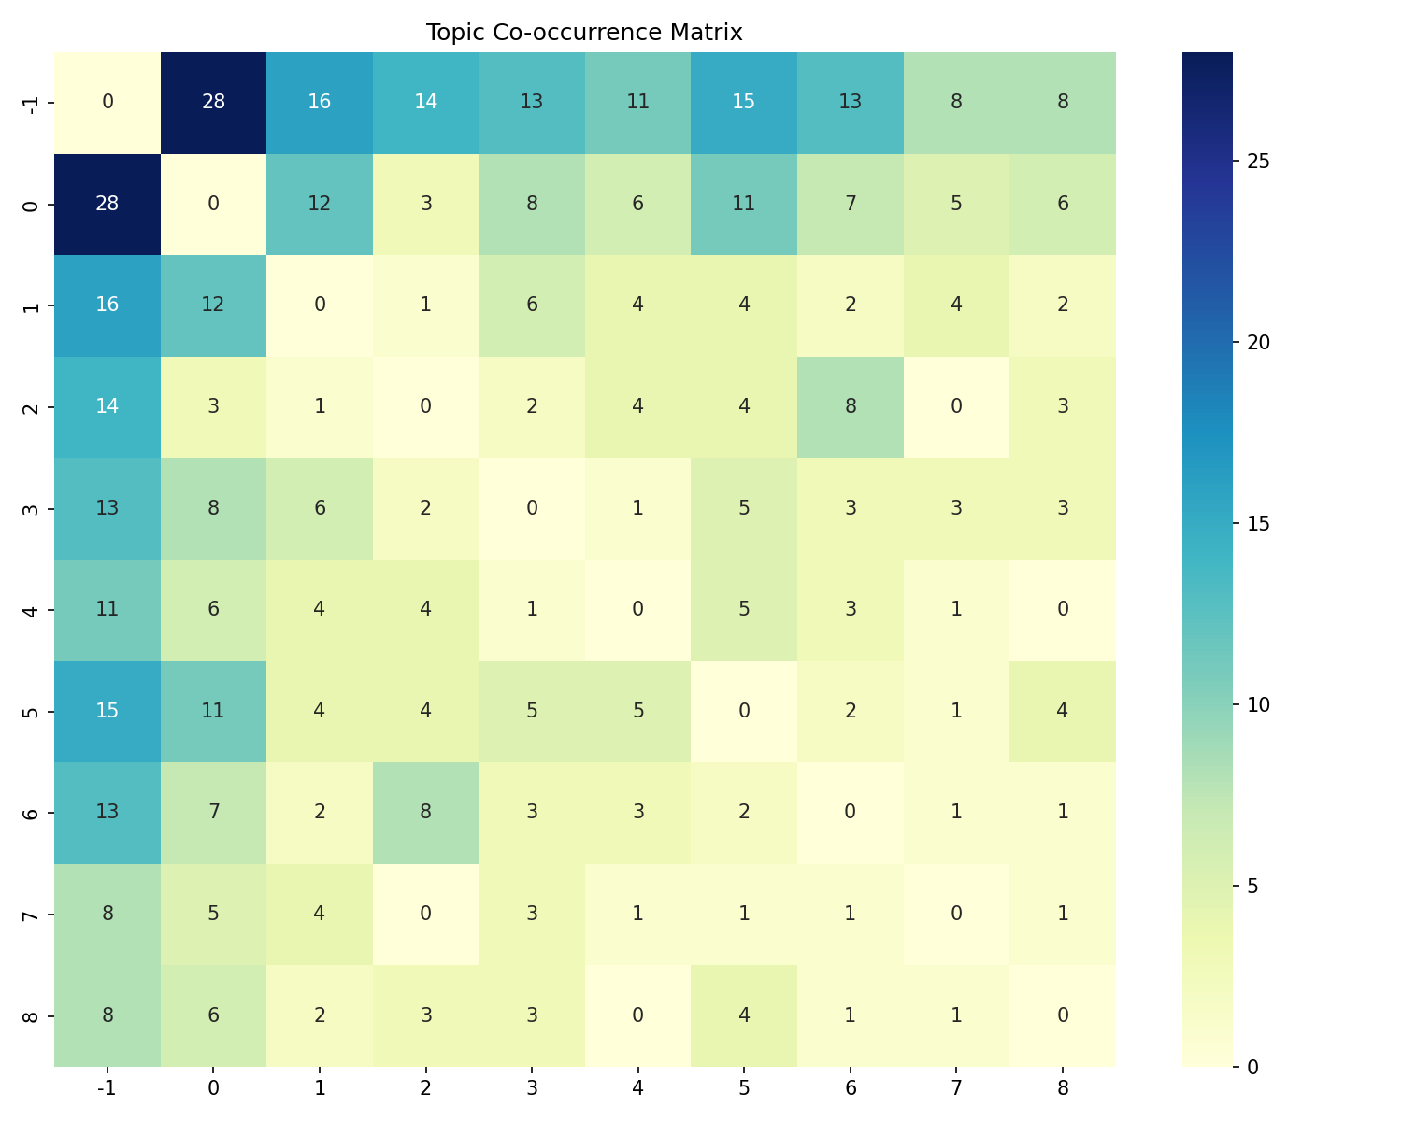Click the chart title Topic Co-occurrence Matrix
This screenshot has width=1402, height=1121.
584,33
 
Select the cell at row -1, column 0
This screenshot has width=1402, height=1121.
213,102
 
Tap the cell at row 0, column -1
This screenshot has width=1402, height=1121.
107,204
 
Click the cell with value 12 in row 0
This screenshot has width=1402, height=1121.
320,204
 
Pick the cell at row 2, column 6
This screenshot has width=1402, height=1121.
850,406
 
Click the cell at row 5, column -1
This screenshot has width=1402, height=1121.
107,711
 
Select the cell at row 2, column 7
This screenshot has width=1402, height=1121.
956,406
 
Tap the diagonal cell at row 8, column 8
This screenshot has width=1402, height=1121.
1063,1015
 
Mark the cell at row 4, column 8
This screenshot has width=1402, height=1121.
1063,609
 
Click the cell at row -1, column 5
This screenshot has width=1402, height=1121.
744,102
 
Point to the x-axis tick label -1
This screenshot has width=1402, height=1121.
107,1087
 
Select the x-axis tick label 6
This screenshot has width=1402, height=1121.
850,1087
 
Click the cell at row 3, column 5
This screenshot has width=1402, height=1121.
744,508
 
